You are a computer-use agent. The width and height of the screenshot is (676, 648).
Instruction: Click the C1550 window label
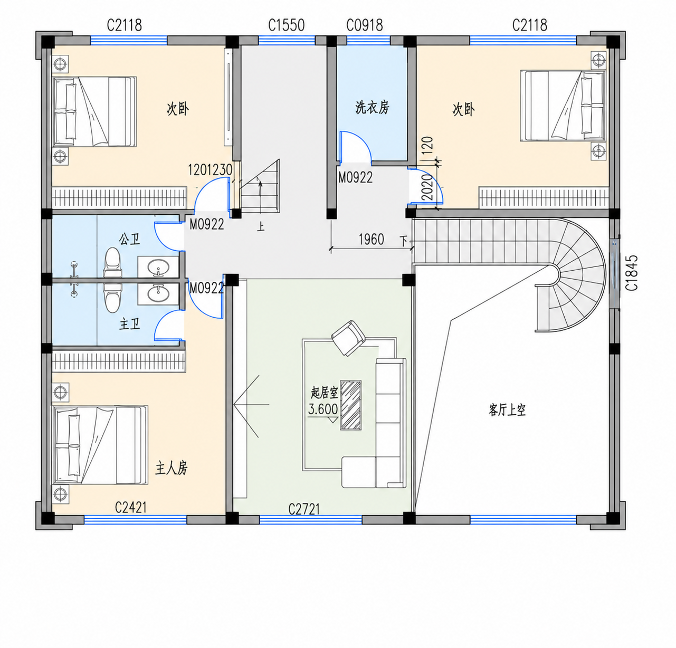pyautogui.click(x=286, y=25)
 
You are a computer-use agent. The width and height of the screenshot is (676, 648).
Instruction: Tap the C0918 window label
pyautogui.click(x=365, y=25)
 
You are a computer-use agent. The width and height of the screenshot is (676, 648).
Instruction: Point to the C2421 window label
pyautogui.click(x=131, y=507)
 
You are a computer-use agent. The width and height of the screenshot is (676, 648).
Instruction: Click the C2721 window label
pyautogui.click(x=304, y=509)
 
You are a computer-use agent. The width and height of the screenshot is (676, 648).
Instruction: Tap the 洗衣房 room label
pyautogui.click(x=372, y=107)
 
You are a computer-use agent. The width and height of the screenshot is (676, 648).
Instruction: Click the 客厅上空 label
pyautogui.click(x=507, y=410)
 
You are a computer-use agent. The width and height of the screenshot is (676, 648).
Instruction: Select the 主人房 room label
pyautogui.click(x=172, y=468)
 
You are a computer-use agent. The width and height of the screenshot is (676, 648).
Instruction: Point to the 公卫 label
pyautogui.click(x=130, y=239)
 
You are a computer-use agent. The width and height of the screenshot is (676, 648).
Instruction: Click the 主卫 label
pyautogui.click(x=130, y=324)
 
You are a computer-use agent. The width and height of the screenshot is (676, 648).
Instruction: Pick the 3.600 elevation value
pyautogui.click(x=323, y=409)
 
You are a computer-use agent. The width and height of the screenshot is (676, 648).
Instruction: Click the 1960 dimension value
pyautogui.click(x=372, y=240)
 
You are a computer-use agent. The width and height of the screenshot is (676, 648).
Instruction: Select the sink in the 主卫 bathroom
pyautogui.click(x=159, y=294)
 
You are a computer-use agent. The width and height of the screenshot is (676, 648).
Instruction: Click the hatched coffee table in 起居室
pyautogui.click(x=351, y=405)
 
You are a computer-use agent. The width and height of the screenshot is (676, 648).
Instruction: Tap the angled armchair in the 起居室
pyautogui.click(x=348, y=338)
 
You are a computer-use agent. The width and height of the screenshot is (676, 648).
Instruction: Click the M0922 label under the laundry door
pyautogui.click(x=355, y=177)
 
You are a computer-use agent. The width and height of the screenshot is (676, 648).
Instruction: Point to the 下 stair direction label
pyautogui.click(x=403, y=241)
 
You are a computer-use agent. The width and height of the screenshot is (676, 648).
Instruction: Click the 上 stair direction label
pyautogui.click(x=261, y=226)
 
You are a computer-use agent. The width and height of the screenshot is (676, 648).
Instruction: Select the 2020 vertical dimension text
pyautogui.click(x=429, y=187)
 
